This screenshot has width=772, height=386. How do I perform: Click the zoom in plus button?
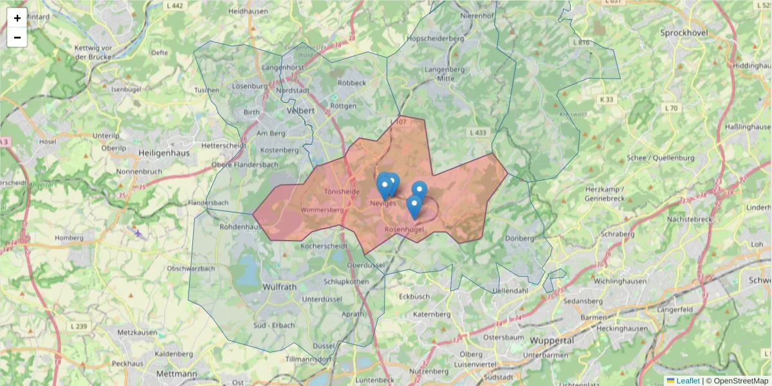[x=17, y=18]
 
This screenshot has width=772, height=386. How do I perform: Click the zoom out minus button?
[x=17, y=37]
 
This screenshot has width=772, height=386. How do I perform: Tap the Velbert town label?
[x=299, y=111]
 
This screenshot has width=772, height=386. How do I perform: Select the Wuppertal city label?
[x=552, y=340]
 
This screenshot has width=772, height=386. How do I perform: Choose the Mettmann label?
[x=176, y=373]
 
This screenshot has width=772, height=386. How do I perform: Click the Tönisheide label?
[x=342, y=192]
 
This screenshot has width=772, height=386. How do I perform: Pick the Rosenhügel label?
[x=404, y=230]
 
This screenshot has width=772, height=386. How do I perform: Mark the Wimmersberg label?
[x=322, y=210]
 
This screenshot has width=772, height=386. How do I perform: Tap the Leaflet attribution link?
[x=688, y=381]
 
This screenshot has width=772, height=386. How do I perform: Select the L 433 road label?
[x=478, y=133]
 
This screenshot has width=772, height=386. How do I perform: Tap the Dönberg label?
[x=519, y=238]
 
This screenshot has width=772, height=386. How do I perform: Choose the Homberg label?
[x=69, y=237]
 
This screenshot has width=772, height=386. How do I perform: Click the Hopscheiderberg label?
[x=436, y=39]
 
